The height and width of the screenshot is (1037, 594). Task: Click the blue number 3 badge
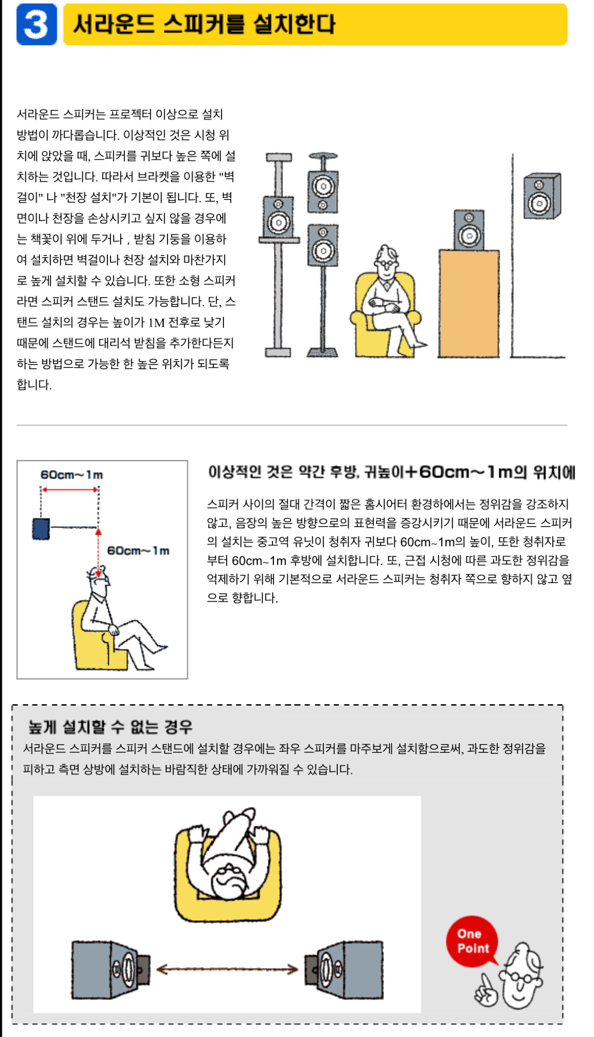click(37, 24)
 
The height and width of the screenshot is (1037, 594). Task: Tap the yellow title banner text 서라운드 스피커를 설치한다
click(204, 24)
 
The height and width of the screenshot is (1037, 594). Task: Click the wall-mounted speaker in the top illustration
click(542, 196)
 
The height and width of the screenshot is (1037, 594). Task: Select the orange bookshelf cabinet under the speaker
click(469, 304)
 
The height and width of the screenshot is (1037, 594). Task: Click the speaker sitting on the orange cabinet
click(469, 230)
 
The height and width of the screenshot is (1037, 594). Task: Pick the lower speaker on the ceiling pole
click(323, 245)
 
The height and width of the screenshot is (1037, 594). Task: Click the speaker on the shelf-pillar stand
click(278, 217)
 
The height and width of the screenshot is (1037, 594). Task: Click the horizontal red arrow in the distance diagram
click(70, 489)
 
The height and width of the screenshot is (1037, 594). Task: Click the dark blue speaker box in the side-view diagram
click(41, 528)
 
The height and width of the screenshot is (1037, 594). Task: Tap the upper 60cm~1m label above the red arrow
click(72, 475)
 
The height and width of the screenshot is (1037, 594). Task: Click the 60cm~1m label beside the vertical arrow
click(138, 551)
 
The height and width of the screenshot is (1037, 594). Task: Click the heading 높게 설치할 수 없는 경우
click(110, 727)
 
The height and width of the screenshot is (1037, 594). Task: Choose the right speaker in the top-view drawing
click(344, 969)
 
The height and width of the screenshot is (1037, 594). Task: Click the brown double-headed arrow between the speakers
click(227, 969)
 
